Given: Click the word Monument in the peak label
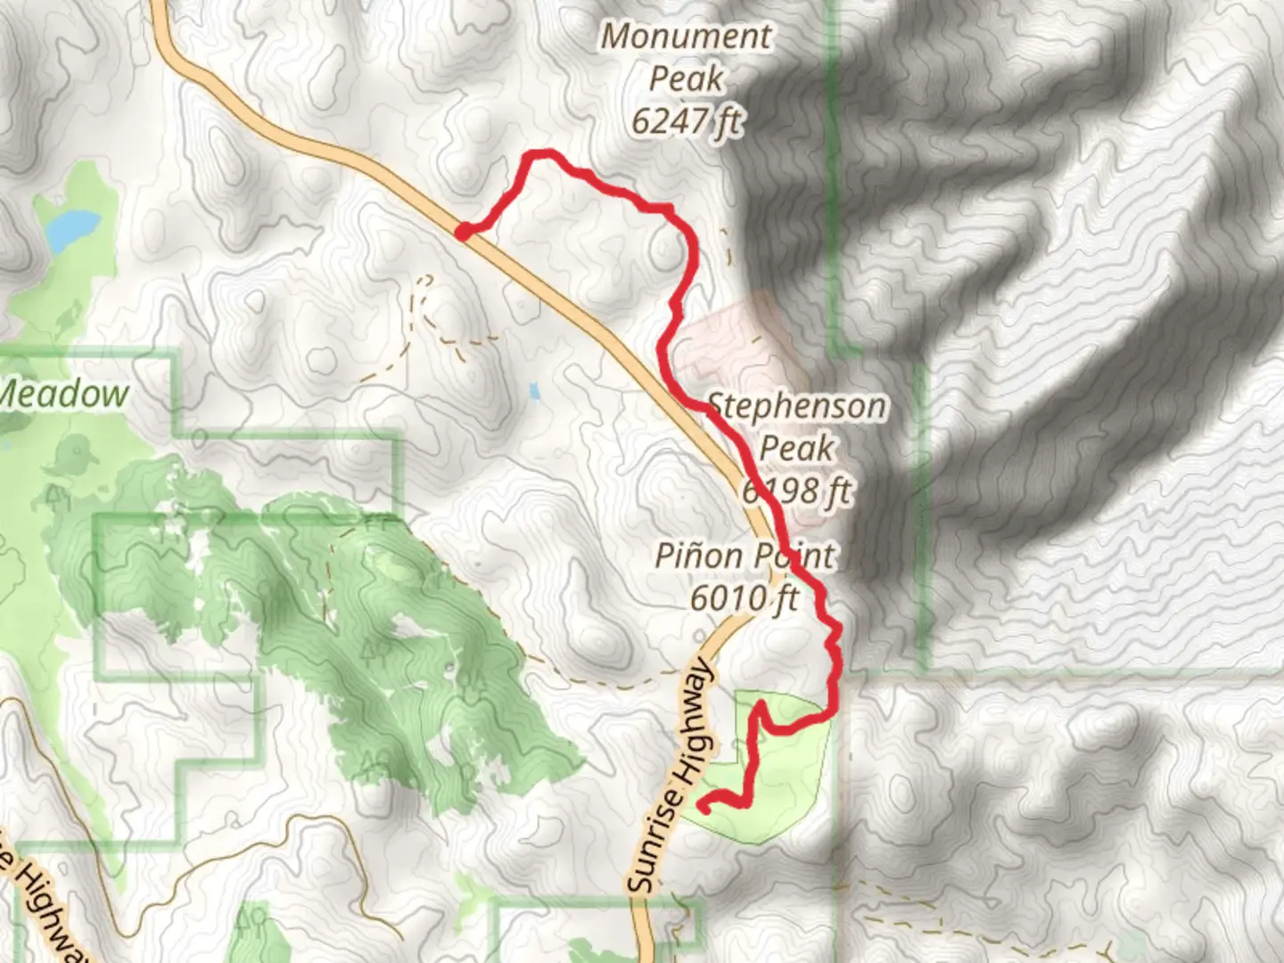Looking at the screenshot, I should pos(686,37).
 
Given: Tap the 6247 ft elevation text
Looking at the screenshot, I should pos(686,121).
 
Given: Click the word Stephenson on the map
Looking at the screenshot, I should pos(798,407).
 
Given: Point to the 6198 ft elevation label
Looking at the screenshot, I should pos(797,490).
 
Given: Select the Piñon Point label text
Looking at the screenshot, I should pos(745,556).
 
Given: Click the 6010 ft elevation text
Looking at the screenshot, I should pos(745,597).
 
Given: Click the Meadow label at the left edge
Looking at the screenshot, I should pos(64,394).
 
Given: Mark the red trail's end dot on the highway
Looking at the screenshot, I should pos(463,232).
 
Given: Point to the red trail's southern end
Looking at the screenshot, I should pos(703,809).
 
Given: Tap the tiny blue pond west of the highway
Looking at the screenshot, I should pos(534,390).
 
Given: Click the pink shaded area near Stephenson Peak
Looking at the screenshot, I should pos(731,339).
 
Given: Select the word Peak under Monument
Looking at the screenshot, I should pos(686,78).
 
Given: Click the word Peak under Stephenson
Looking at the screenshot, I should pos(797,449).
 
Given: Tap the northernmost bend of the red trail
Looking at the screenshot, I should pos(540,154).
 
